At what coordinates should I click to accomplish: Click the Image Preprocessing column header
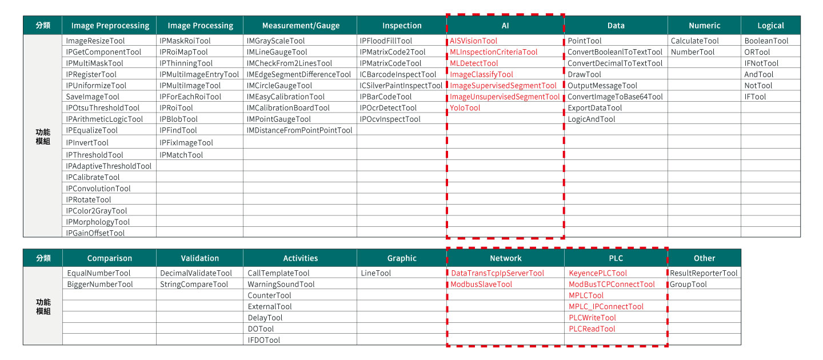[x=110, y=25]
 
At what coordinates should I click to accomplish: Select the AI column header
[x=505, y=25]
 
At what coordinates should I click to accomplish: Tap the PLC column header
[x=616, y=258]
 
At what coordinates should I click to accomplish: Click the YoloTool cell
[x=465, y=108]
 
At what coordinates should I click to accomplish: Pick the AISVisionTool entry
[x=473, y=41]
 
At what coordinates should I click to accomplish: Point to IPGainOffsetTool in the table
[x=95, y=233]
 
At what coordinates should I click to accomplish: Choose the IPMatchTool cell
[x=181, y=155]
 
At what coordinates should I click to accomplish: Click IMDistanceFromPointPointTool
[x=299, y=130]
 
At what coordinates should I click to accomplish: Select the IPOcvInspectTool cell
[x=390, y=119]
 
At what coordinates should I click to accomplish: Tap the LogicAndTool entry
[x=592, y=119]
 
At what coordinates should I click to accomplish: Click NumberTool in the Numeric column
[x=693, y=52]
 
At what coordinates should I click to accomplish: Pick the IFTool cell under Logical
[x=755, y=97]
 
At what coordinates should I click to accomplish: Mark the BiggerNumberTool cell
[x=100, y=285]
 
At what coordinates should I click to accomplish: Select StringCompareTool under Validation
[x=194, y=285]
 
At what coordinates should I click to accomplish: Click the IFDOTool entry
[x=264, y=340]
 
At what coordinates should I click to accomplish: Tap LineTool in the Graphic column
[x=376, y=274]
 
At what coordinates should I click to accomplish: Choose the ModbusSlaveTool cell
[x=481, y=285]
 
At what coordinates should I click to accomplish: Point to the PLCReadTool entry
[x=592, y=329]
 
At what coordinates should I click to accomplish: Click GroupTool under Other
[x=688, y=285]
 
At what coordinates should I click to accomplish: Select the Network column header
[x=505, y=258]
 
